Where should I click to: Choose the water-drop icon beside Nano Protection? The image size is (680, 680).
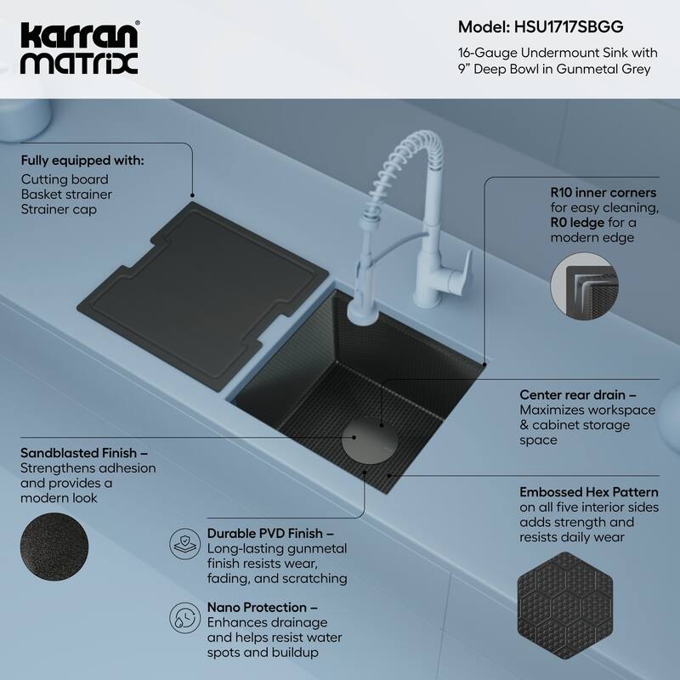(x=184, y=615)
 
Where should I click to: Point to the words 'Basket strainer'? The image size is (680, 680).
(x=66, y=195)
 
